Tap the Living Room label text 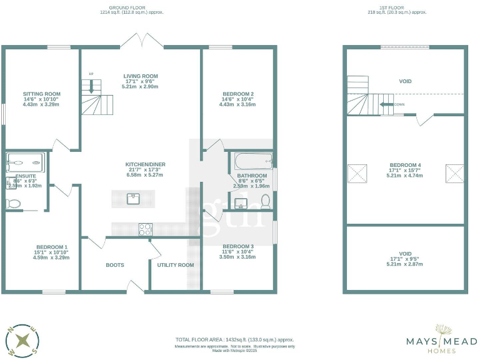pyautogui.click(x=141, y=76)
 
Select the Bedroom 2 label pyautogui.click(x=237, y=94)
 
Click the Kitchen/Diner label pyautogui.click(x=144, y=164)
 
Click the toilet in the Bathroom pyautogui.click(x=266, y=201)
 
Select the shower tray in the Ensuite pyautogui.click(x=25, y=163)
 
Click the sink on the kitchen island pyautogui.click(x=132, y=199)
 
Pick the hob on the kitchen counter pyautogui.click(x=145, y=229)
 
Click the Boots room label pyautogui.click(x=115, y=265)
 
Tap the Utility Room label pyautogui.click(x=176, y=265)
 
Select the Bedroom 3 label pyautogui.click(x=237, y=246)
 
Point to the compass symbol pyautogui.click(x=23, y=341)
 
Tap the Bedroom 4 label pyautogui.click(x=405, y=166)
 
